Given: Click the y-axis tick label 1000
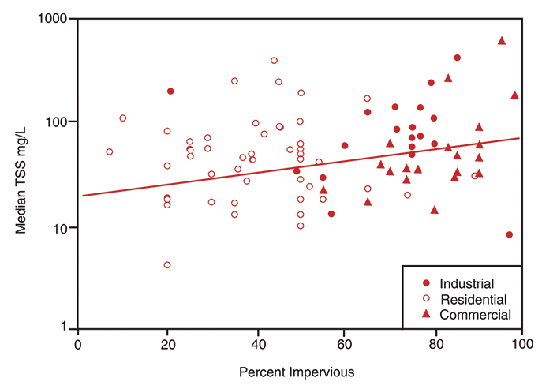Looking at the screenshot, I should [x=54, y=18].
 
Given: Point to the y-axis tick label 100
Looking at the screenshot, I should [x=58, y=122].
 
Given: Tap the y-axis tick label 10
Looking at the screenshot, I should [x=61, y=227].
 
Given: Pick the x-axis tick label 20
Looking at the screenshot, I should [x=167, y=345].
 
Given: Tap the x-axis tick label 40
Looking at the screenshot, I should [x=256, y=345].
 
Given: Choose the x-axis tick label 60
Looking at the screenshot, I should [x=345, y=345].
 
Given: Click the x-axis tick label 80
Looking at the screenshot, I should [x=433, y=345].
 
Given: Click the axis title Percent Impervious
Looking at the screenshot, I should [x=298, y=371].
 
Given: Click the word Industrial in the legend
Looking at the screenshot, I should [x=467, y=283].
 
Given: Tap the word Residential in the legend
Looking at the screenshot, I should [x=473, y=299].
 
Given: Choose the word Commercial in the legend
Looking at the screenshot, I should [x=476, y=314].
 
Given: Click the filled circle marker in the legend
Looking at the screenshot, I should [x=427, y=283].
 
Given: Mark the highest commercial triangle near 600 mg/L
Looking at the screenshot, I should [x=502, y=40].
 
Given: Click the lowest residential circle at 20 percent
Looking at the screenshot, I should [x=167, y=265].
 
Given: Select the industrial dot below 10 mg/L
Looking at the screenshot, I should [x=510, y=234].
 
